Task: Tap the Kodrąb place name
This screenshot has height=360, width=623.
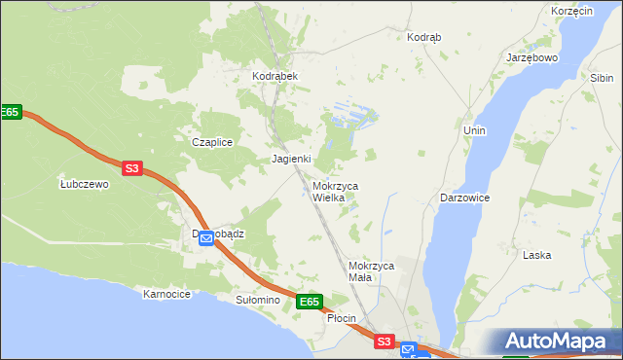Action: click(x=423, y=37)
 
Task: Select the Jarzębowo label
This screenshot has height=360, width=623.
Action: click(x=531, y=57)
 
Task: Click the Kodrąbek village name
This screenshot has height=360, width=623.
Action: click(x=275, y=76)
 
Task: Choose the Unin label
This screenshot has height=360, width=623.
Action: click(x=474, y=130)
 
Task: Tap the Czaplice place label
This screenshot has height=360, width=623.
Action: click(x=211, y=142)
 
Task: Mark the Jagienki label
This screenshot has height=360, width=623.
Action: click(x=290, y=159)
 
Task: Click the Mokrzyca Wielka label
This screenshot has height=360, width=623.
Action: click(x=335, y=191)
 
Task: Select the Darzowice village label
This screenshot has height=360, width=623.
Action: click(x=464, y=197)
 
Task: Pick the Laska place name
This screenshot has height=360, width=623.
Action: click(x=536, y=255)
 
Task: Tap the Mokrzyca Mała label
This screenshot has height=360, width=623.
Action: click(x=370, y=271)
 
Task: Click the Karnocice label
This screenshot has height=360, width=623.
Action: click(x=165, y=293)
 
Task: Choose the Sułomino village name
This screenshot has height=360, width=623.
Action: click(x=257, y=300)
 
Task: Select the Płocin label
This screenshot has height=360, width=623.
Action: click(x=341, y=318)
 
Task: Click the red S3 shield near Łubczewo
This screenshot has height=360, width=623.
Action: click(x=132, y=168)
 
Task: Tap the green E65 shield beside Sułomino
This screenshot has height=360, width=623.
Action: click(x=309, y=302)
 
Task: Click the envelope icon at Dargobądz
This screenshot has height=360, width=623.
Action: click(x=206, y=238)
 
